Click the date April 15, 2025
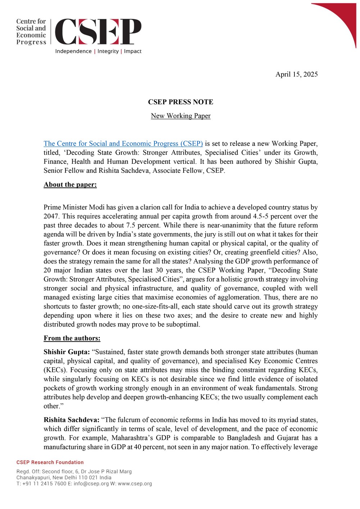(296, 74)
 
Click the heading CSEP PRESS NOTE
(180, 102)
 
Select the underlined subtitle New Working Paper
(180, 116)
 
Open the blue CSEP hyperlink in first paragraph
(123, 143)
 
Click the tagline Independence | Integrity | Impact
(98, 51)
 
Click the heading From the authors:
(72, 338)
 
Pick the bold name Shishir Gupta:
(67, 352)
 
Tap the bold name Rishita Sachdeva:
(71, 420)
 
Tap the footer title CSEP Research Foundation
(50, 462)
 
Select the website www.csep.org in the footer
(135, 483)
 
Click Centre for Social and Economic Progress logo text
(31, 32)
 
